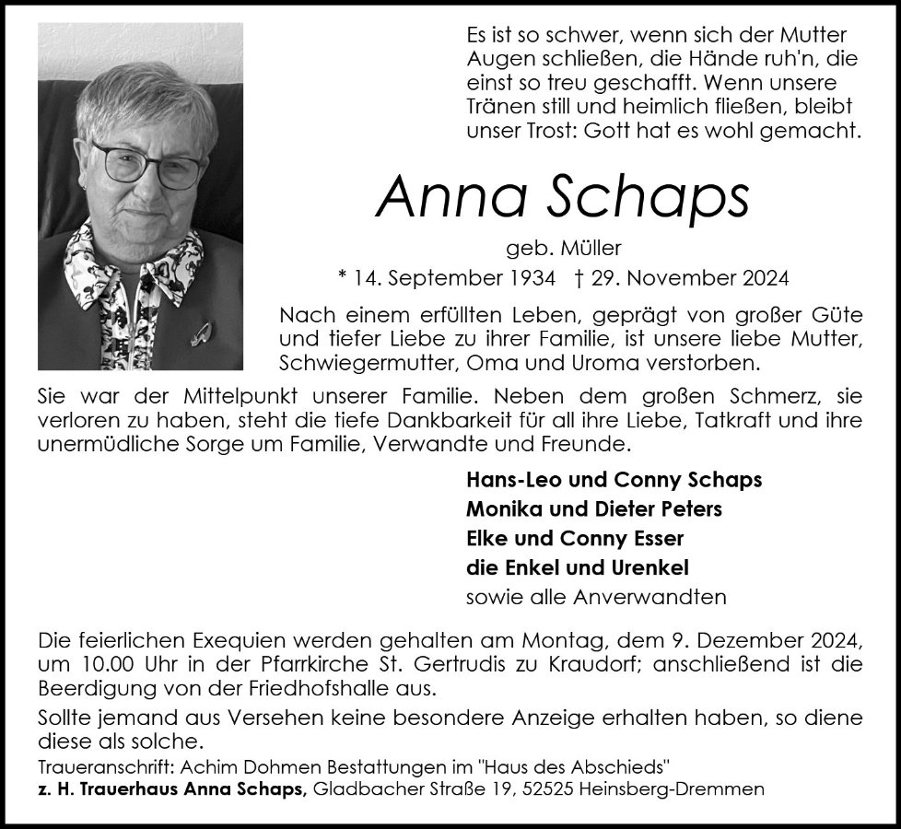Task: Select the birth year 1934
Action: [534, 276]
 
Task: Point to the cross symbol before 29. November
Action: [578, 276]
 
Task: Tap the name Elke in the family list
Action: [486, 538]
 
